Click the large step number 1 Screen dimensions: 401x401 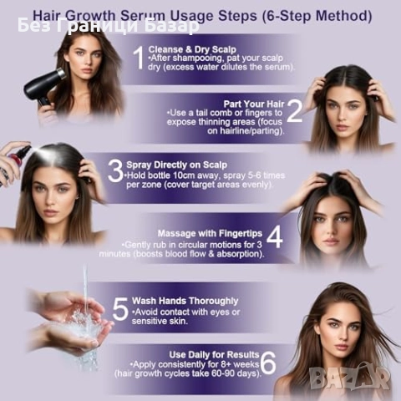[x=139, y=58]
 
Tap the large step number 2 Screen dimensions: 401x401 [x=294, y=111]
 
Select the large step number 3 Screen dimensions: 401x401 [x=115, y=171]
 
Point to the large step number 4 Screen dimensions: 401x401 [x=275, y=237]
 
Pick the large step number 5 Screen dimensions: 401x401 [x=120, y=308]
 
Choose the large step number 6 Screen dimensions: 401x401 [x=269, y=363]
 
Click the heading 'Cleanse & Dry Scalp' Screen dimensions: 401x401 [x=192, y=49]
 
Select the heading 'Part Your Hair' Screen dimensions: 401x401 [x=254, y=104]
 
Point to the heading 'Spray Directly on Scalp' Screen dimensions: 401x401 [x=177, y=165]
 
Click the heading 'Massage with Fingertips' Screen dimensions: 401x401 [x=210, y=233]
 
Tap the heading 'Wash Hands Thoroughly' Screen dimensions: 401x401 [x=185, y=301]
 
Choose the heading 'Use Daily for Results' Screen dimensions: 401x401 [x=214, y=355]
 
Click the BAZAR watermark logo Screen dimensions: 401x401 [x=349, y=378]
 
